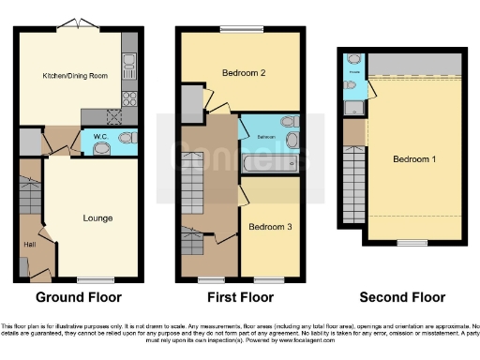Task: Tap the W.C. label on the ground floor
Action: (x=97, y=142)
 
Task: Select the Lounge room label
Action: (x=97, y=218)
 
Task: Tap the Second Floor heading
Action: (x=403, y=298)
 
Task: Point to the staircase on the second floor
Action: (x=354, y=187)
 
